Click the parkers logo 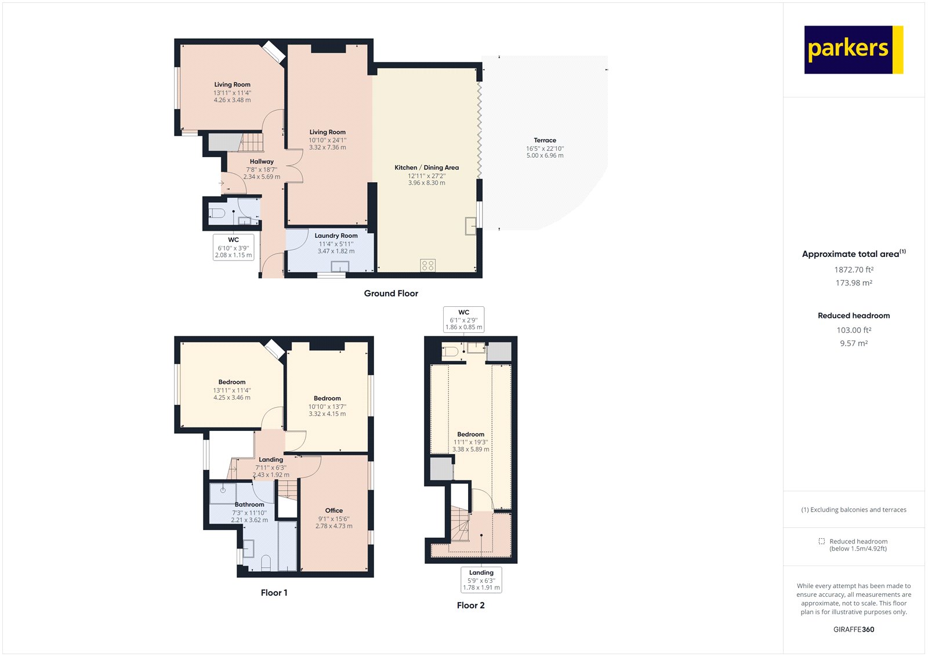[853, 49]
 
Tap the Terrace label [545, 140]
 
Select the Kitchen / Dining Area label [426, 168]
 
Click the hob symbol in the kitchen [428, 265]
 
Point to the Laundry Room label [336, 235]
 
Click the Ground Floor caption [391, 293]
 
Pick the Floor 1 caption [274, 593]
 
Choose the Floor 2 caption [470, 606]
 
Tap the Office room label [333, 510]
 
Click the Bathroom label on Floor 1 [249, 505]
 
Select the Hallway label [262, 162]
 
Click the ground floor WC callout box [233, 247]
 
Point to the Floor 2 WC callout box [463, 320]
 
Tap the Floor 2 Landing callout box [481, 580]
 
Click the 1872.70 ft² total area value [854, 270]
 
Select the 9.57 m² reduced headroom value [854, 343]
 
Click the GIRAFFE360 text [854, 629]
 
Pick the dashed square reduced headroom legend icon [821, 541]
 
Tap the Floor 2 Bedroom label [470, 434]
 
